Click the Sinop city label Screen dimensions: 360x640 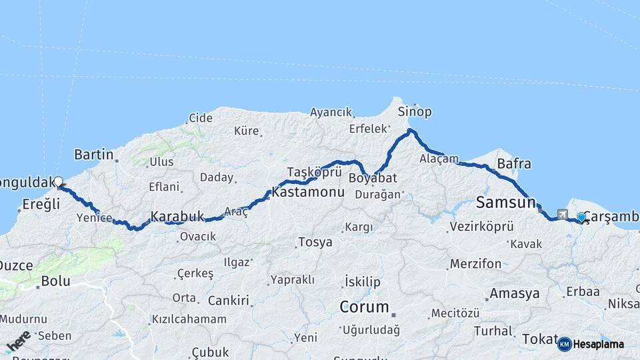coord(414,111)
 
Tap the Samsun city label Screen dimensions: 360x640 coord(506,202)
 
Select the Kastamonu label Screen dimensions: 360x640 coord(308,192)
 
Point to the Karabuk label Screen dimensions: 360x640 coord(177,216)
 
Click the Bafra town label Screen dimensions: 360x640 coord(514,163)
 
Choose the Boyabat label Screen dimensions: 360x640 coord(373,178)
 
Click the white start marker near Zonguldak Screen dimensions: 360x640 coord(59,181)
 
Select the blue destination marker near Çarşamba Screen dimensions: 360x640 coord(581,217)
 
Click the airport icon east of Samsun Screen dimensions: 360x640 coord(563,215)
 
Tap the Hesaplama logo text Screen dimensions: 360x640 coord(599,344)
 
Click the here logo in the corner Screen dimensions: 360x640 coord(18,341)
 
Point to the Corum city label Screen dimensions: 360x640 coord(364,307)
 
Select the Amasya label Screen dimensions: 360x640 coord(514,293)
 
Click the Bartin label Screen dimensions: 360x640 coord(94,155)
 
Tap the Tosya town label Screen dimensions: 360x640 coord(315,242)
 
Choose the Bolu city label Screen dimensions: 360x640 coord(55,281)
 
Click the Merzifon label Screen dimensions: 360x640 coord(475,263)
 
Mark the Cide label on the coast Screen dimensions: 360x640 coord(201,118)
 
